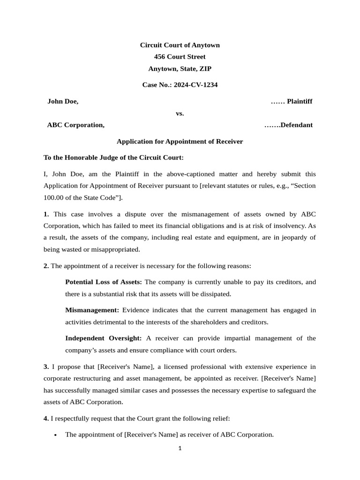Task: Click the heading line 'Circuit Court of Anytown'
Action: (180, 45)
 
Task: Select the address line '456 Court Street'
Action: (180, 57)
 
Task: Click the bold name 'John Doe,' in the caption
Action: (63, 101)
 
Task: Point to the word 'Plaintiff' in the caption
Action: (300, 101)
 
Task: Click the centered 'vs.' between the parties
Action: (180, 113)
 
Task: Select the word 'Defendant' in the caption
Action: (296, 125)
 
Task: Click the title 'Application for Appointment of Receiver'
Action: (180, 141)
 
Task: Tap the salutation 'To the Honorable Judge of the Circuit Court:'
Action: (114, 157)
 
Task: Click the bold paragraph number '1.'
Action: (46, 214)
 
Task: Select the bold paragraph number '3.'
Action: (46, 367)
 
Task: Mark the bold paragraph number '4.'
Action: (46, 418)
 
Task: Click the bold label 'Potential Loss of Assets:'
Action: (104, 282)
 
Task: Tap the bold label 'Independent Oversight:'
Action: (103, 338)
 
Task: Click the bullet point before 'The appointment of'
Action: (56, 435)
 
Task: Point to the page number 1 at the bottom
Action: (180, 448)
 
